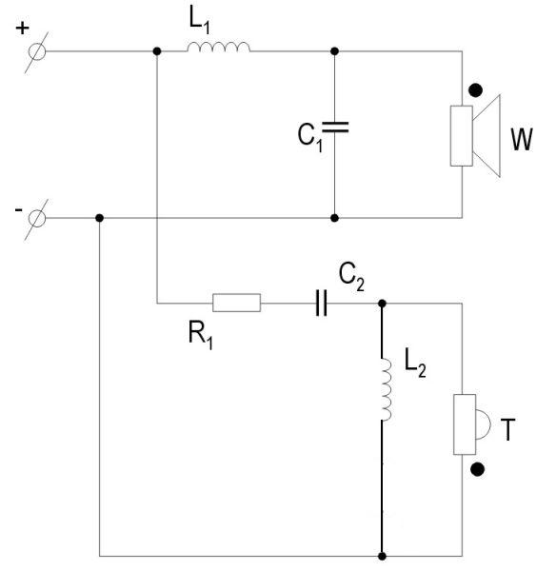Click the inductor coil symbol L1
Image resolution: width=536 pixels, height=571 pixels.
point(219,47)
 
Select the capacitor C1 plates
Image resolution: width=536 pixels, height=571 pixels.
point(335,128)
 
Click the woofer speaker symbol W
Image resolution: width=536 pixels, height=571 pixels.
point(475,136)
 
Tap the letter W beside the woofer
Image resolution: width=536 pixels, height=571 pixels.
point(522,139)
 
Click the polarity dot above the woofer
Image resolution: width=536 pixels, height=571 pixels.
point(475,90)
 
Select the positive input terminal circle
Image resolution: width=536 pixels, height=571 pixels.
point(37,51)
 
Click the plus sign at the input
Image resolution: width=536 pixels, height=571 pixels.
point(22,28)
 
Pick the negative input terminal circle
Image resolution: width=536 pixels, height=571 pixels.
point(37,219)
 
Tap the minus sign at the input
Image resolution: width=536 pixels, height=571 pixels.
point(19,209)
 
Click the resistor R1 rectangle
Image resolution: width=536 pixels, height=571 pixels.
point(236,303)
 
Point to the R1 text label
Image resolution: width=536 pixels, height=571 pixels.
point(201,336)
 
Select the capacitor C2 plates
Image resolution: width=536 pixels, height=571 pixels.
point(321,303)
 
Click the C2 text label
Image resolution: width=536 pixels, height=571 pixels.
point(351,277)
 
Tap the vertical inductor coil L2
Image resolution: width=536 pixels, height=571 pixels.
point(387,389)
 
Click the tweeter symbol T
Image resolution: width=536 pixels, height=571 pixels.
point(472,424)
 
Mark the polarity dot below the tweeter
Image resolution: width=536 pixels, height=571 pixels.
point(477,469)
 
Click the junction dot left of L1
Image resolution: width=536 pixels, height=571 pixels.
point(157,51)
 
